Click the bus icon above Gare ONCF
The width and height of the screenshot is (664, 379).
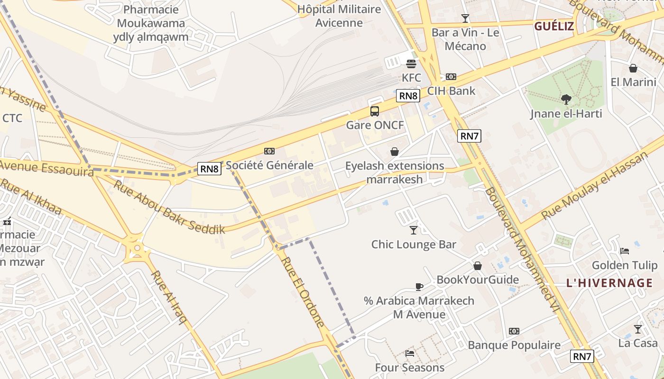click(x=375, y=111)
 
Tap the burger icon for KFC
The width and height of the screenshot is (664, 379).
click(x=411, y=63)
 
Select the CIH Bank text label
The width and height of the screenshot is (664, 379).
click(x=451, y=90)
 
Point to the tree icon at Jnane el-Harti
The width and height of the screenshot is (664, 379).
click(x=566, y=99)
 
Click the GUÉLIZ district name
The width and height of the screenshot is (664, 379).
click(x=554, y=26)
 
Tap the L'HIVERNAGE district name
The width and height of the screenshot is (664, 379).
click(x=609, y=283)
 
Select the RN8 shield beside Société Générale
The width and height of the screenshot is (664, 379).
click(x=209, y=168)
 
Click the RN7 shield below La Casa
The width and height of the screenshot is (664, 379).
click(x=582, y=356)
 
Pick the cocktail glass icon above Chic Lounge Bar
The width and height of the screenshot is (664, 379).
click(x=414, y=230)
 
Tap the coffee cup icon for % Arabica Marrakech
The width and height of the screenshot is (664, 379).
click(x=419, y=287)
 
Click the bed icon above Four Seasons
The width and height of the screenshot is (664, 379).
click(x=410, y=353)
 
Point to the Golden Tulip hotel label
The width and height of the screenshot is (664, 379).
click(x=625, y=265)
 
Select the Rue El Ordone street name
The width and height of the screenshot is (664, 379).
click(x=303, y=292)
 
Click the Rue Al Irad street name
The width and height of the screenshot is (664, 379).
click(x=169, y=297)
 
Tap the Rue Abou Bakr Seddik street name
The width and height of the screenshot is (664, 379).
click(x=168, y=207)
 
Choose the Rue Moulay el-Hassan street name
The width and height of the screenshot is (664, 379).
click(x=595, y=185)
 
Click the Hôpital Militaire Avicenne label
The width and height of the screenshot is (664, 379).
click(x=339, y=16)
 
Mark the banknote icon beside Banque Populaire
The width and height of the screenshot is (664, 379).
click(x=514, y=331)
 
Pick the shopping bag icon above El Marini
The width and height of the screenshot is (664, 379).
click(x=633, y=69)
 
